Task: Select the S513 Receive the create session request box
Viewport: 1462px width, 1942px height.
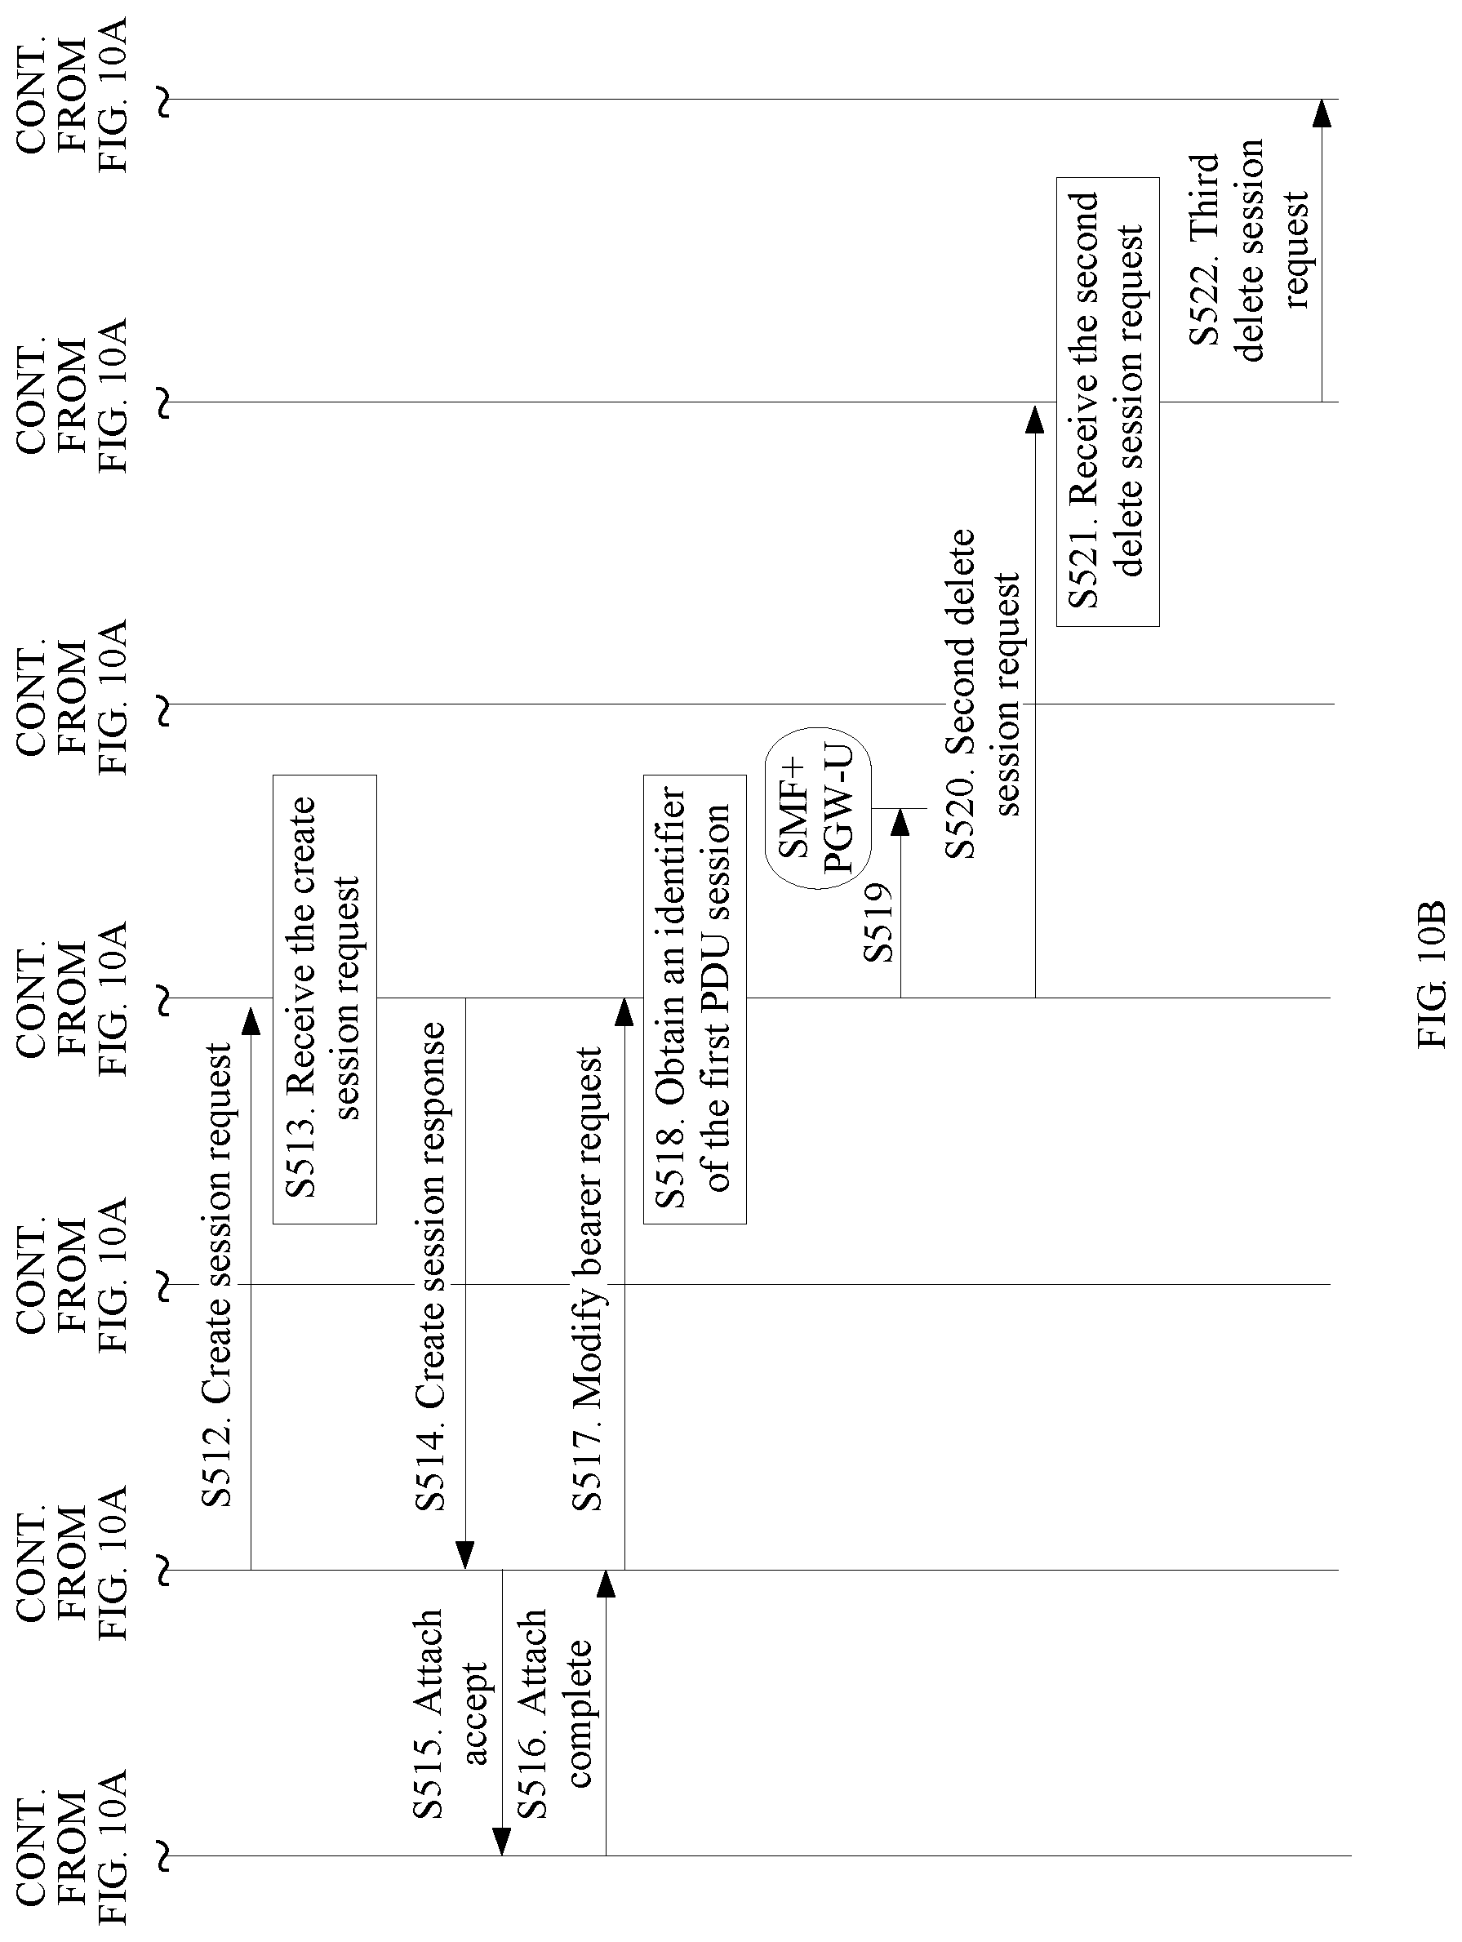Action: click(x=325, y=999)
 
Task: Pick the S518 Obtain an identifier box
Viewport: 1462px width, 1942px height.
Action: click(x=695, y=999)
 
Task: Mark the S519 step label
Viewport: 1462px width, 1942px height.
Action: click(x=878, y=922)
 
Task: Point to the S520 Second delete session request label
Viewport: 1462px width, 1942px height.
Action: click(x=984, y=694)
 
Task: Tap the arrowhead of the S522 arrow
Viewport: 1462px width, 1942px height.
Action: click(x=1322, y=113)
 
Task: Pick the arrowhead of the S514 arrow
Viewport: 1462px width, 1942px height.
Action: click(x=465, y=1556)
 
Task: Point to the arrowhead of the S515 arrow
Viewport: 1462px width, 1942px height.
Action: click(x=501, y=1841)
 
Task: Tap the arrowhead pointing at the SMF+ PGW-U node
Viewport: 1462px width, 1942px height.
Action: click(x=900, y=823)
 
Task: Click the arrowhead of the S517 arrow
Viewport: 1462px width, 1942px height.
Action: click(x=624, y=1012)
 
